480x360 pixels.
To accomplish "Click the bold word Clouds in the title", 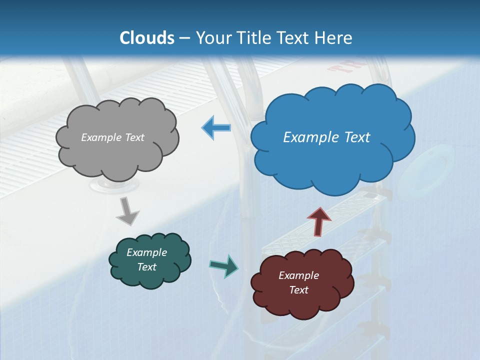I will pos(147,38).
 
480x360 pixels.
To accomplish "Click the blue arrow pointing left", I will pos(216,128).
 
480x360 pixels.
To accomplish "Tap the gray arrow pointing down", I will pos(127,211).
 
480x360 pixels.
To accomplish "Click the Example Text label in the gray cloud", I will pos(112,137).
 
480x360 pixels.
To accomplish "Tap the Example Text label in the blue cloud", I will pos(326,137).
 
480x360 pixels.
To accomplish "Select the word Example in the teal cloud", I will pos(146,252).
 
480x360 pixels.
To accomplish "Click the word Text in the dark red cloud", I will pos(298,290).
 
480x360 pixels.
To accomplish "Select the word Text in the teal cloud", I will pos(146,267).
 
